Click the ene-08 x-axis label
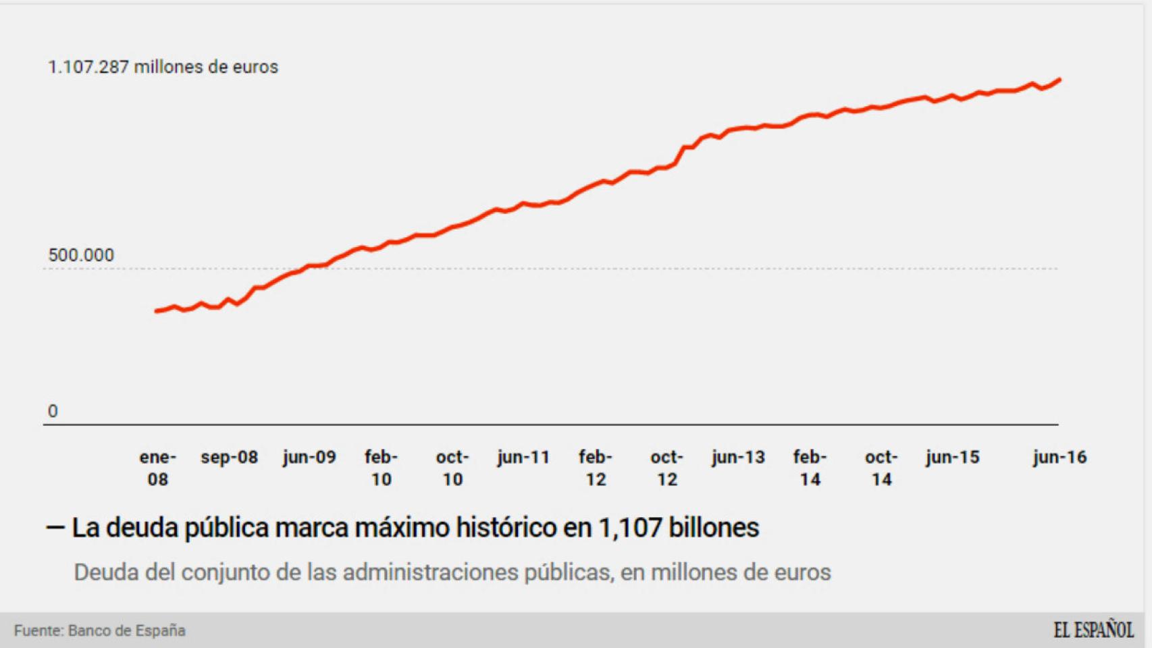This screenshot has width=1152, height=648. [157, 468]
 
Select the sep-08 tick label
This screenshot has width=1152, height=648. [229, 457]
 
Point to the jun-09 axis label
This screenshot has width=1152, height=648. [309, 457]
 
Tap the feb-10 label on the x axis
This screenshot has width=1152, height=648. [381, 468]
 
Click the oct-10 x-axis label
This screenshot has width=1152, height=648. [452, 468]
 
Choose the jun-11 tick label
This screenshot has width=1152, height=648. [523, 457]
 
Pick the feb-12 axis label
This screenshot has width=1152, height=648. [595, 468]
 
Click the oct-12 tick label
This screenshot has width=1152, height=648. [666, 468]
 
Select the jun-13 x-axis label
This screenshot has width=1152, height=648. [738, 457]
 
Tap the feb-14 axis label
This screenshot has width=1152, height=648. [810, 468]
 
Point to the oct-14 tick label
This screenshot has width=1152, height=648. [881, 468]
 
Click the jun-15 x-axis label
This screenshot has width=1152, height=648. [952, 457]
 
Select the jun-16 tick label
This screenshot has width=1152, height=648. [1059, 457]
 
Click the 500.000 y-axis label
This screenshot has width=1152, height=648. [81, 255]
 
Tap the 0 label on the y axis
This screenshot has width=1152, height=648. [53, 411]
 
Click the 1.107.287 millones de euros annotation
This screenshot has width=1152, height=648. [163, 67]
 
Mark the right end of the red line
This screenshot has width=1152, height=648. [1059, 80]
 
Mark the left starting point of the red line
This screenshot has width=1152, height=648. [157, 311]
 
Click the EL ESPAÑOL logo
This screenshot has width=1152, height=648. [1093, 630]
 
